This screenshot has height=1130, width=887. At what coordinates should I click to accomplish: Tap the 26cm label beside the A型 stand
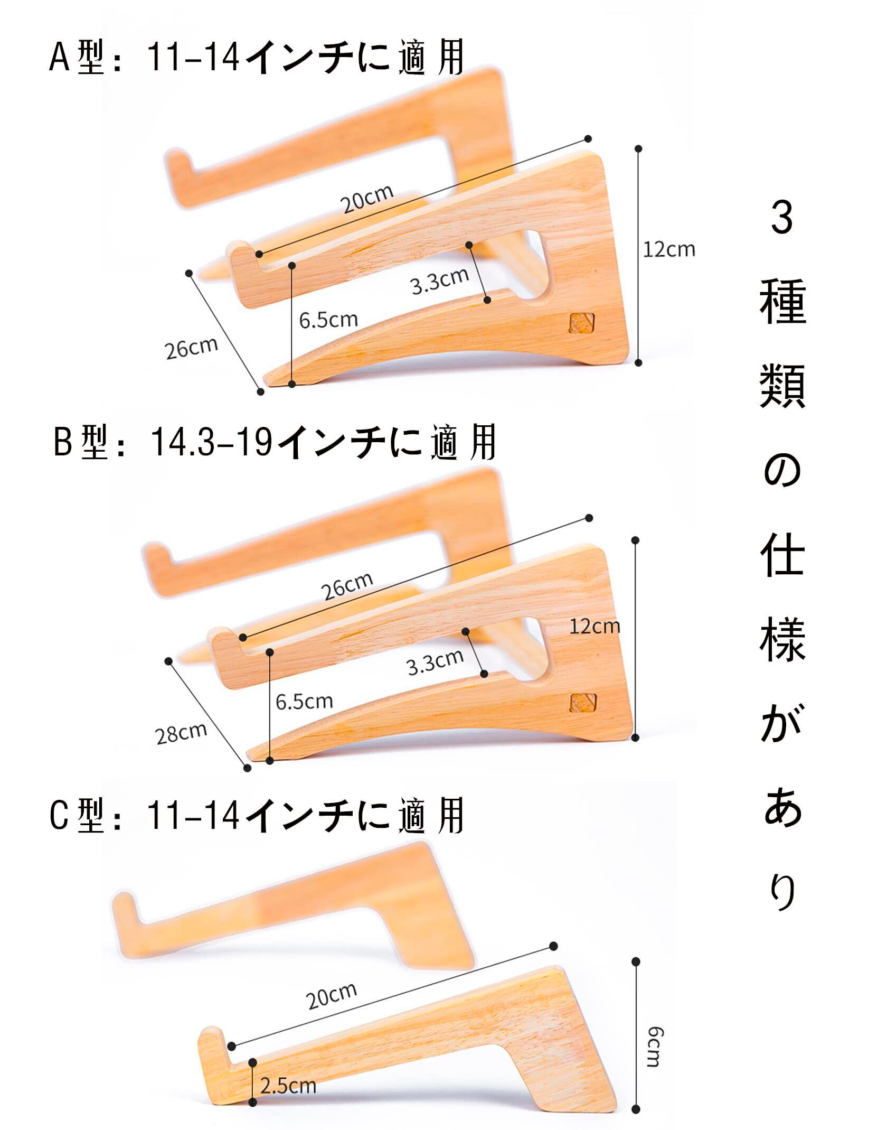click(191, 347)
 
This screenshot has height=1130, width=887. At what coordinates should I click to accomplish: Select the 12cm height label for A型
click(668, 249)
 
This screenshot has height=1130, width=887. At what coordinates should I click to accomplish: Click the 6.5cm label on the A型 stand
click(328, 319)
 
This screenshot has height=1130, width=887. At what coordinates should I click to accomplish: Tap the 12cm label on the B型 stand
click(595, 627)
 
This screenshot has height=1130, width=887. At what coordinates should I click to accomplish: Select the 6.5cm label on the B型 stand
click(304, 702)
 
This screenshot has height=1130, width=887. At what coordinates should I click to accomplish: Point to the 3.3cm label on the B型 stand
click(435, 662)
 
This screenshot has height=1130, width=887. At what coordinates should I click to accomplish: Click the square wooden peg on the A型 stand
click(581, 323)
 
